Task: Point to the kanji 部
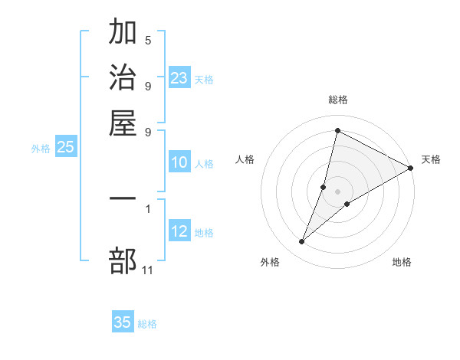(x=123, y=261)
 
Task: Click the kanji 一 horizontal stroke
(x=123, y=198)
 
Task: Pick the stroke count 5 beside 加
(x=148, y=40)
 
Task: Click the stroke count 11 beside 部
(x=148, y=270)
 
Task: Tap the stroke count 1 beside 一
(x=148, y=208)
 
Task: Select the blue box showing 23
(x=179, y=78)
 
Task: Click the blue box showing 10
(x=179, y=162)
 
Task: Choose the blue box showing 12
(x=179, y=231)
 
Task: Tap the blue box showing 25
(x=65, y=148)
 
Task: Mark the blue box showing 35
(x=123, y=322)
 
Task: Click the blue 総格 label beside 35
(x=147, y=324)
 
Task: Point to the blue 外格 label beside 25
(x=41, y=149)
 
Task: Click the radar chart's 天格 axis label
(x=431, y=159)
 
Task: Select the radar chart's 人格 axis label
(x=245, y=159)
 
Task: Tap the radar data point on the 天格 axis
(x=411, y=168)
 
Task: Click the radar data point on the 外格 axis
(x=302, y=242)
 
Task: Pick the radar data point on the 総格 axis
(x=337, y=130)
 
